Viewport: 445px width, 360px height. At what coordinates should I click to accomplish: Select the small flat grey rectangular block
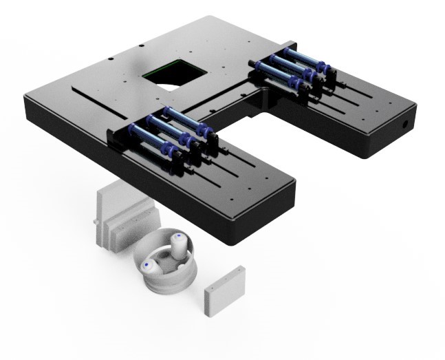click(x=226, y=290)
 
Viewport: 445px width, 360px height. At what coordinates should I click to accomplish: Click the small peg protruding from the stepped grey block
click(x=95, y=222)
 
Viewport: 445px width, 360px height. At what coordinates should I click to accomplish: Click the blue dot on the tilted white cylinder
click(x=146, y=265)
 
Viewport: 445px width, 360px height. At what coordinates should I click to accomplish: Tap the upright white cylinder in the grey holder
click(x=180, y=245)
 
